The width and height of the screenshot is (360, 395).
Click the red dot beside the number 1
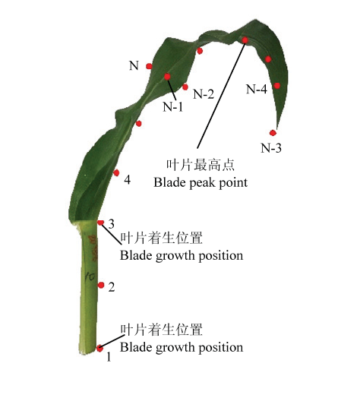click(99, 349)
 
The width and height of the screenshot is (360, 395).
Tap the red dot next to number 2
click(101, 286)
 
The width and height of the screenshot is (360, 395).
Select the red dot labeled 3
click(101, 223)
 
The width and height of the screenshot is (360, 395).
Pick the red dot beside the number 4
click(116, 173)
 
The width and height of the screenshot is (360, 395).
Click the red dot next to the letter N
click(149, 66)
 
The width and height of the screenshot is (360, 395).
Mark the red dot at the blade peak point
click(245, 40)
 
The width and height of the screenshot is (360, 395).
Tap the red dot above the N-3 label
click(273, 133)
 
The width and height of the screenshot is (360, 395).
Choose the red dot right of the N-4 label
click(277, 86)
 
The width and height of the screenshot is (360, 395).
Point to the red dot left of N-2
click(185, 87)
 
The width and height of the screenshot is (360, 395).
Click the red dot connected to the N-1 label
click(167, 77)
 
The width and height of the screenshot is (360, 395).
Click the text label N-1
click(173, 107)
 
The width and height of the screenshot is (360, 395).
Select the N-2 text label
click(204, 94)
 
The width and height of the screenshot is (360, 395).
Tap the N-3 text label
click(271, 148)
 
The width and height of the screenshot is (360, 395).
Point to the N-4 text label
click(257, 89)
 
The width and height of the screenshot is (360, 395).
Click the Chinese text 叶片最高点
click(201, 165)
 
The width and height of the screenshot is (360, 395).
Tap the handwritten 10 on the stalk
click(90, 276)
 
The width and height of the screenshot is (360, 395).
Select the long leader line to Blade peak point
click(221, 94)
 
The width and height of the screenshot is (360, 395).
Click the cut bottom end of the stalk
click(87, 352)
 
